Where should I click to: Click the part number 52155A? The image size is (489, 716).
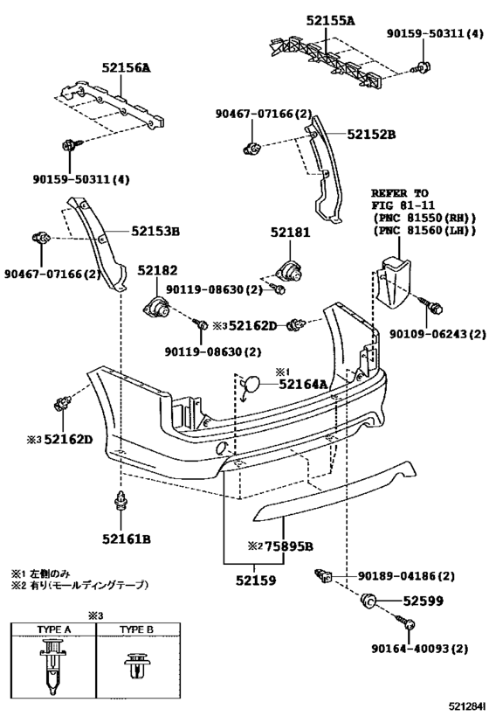331,18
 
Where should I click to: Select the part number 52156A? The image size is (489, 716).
126,66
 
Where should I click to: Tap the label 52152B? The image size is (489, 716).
371,135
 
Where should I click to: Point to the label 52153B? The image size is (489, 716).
156,231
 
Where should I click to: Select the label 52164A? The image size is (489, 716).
304,383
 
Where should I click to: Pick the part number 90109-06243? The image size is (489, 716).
428,334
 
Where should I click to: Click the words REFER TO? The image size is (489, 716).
399,193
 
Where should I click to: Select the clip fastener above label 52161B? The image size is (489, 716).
121,505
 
